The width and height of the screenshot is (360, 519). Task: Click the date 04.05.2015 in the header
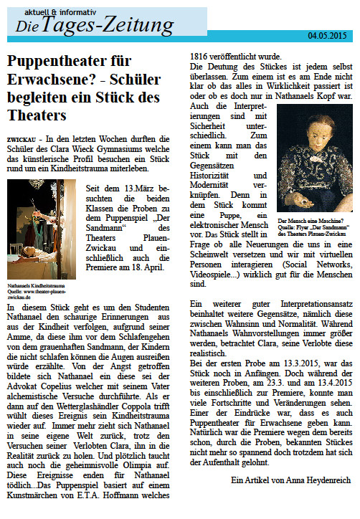click(328, 34)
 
